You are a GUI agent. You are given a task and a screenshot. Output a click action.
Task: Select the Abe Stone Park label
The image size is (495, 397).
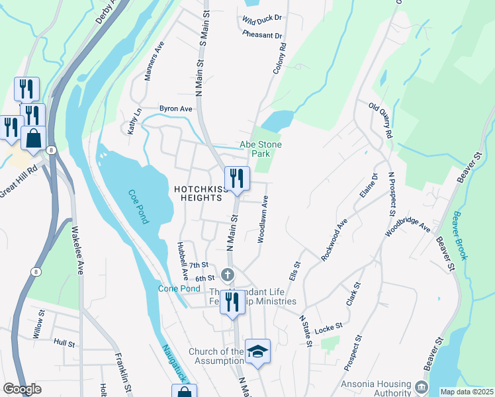pyautogui.click(x=260, y=149)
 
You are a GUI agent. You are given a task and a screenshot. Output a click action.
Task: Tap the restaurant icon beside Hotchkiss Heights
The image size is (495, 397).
pyautogui.click(x=235, y=177)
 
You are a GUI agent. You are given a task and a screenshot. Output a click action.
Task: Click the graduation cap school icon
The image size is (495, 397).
pyautogui.click(x=257, y=351)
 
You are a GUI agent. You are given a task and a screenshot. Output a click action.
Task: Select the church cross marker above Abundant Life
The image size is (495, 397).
pyautogui.click(x=228, y=274)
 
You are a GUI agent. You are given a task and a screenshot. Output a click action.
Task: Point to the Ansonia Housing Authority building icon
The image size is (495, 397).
pyautogui.click(x=421, y=386)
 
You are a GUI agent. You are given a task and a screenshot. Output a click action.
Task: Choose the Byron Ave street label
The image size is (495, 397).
pyautogui.click(x=175, y=109)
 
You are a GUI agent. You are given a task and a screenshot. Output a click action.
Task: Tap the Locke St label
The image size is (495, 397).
pyautogui.click(x=328, y=326)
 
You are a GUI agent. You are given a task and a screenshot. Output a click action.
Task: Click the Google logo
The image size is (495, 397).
pyautogui.click(x=22, y=389)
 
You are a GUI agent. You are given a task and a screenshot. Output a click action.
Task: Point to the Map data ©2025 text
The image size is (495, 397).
pyautogui.click(x=467, y=392)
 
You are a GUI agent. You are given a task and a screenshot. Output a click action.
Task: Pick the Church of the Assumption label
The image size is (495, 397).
pyautogui.click(x=216, y=356)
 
